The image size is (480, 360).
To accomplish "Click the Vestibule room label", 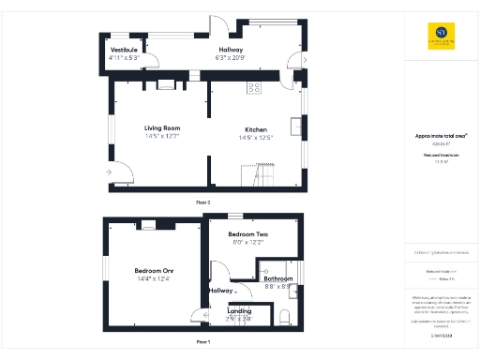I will pos(124,49).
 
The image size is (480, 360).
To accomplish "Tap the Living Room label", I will pos(161,127).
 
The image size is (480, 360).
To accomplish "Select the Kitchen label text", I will pos(257,129).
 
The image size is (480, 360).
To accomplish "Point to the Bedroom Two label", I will pos(248,233).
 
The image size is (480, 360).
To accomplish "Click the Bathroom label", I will pos(278,278).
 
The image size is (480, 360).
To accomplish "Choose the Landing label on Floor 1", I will pos(239,310).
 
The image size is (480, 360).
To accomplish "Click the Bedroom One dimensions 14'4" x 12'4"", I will pos(156,278).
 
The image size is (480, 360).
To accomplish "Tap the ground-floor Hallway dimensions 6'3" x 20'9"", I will pos(231,58).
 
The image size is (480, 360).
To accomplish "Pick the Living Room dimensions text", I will pos(161,137).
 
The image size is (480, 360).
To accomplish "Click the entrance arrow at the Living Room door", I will pos(111,172).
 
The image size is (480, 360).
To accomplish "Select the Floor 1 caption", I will pos(202,341).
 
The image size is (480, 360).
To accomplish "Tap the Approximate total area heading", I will pos(441,136).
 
